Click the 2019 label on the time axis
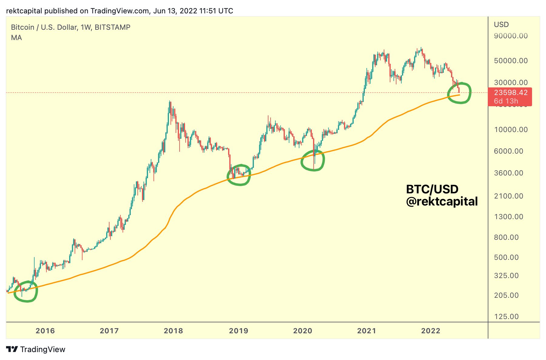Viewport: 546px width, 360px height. click(238, 331)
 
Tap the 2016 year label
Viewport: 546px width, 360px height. click(45, 331)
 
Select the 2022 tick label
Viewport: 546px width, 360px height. click(430, 331)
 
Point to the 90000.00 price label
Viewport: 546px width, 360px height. click(511, 36)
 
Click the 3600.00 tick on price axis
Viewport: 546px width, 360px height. click(508, 173)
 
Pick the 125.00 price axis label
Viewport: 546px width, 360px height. click(506, 317)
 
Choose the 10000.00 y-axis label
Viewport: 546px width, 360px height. click(511, 130)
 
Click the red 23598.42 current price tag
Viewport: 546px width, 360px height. click(511, 93)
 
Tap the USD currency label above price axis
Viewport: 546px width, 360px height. click(501, 25)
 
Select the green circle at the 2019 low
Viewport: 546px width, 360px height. click(239, 175)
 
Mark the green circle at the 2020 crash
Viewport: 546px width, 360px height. click(313, 160)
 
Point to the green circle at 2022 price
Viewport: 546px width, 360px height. click(460, 93)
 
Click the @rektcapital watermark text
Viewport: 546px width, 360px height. click(442, 201)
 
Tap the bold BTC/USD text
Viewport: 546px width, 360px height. click(432, 189)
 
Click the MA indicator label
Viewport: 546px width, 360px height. click(16, 38)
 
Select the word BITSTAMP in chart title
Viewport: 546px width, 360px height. click(112, 27)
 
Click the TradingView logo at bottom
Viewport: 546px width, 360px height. click(36, 349)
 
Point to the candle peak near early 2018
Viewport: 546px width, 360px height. click(170, 102)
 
